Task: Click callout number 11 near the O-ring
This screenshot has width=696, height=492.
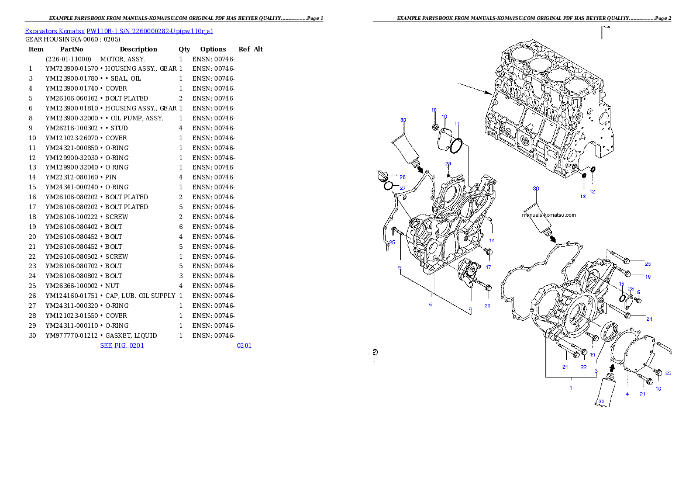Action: click(x=457, y=124)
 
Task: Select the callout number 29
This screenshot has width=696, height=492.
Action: click(x=448, y=164)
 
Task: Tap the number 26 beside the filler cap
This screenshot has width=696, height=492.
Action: click(x=402, y=177)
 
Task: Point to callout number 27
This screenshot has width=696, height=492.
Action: click(x=402, y=188)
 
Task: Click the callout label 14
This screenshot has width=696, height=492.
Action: click(x=492, y=240)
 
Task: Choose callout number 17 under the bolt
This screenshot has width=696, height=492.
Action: click(x=488, y=267)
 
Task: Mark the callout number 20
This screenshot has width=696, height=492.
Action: click(x=487, y=306)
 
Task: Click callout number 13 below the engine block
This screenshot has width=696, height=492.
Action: click(x=583, y=197)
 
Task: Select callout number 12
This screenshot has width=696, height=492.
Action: click(x=592, y=192)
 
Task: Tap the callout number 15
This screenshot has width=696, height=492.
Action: click(x=622, y=283)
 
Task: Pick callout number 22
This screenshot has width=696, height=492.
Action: click(x=583, y=367)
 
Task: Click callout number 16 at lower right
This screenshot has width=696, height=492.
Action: click(x=658, y=389)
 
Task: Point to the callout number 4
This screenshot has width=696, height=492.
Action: click(x=627, y=394)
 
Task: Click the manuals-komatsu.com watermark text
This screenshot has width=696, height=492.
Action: click(x=549, y=215)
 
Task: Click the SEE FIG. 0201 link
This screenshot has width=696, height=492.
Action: click(x=122, y=345)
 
